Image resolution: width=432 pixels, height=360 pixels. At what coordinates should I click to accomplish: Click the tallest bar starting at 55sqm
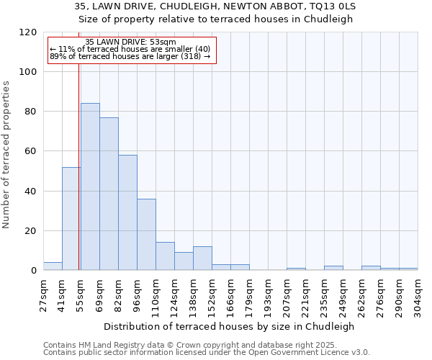90,187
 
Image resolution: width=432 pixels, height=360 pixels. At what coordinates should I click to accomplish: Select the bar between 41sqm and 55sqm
71,219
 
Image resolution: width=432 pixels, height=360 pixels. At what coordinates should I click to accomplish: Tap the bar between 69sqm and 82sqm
109,194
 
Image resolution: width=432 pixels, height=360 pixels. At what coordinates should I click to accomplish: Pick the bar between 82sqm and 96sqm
127,212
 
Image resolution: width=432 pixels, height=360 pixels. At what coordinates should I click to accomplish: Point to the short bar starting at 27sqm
53,266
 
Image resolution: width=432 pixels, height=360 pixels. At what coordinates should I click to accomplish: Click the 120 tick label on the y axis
28,32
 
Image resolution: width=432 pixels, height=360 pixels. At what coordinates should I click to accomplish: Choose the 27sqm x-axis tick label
44,294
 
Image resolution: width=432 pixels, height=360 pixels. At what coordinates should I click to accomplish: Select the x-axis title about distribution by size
230,326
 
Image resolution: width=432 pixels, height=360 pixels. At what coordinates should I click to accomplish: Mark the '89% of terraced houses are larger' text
130,56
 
